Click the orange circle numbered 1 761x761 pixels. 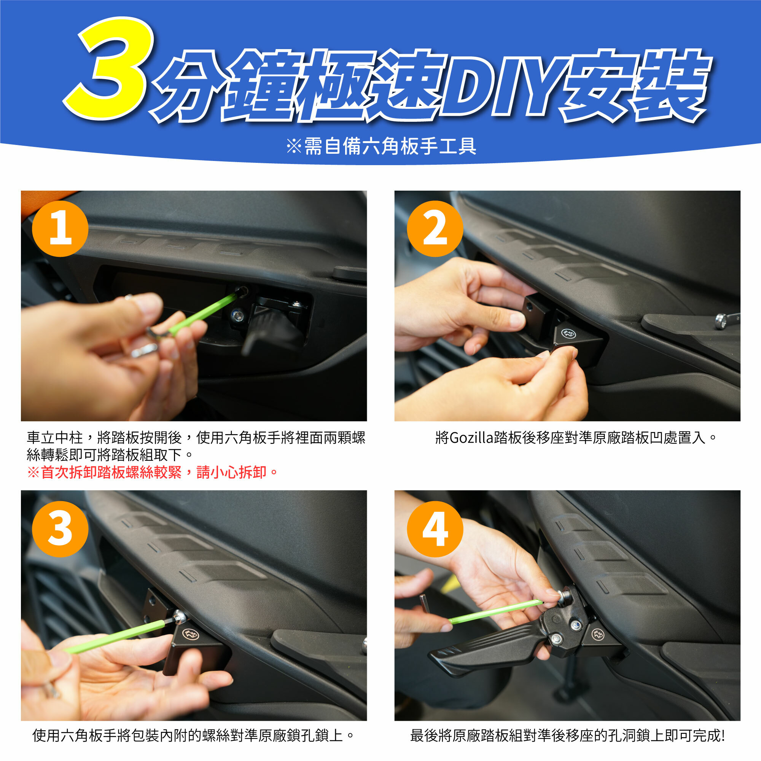tap(60, 229)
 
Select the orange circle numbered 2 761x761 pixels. tap(435, 229)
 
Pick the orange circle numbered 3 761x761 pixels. tap(60, 529)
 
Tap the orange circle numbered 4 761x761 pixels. tap(435, 529)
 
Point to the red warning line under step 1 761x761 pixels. tap(153, 472)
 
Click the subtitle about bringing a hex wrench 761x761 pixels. tap(381, 146)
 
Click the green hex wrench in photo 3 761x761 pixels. tap(118, 635)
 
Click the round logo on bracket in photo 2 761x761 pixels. tap(568, 334)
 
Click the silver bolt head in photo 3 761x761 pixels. tap(180, 615)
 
